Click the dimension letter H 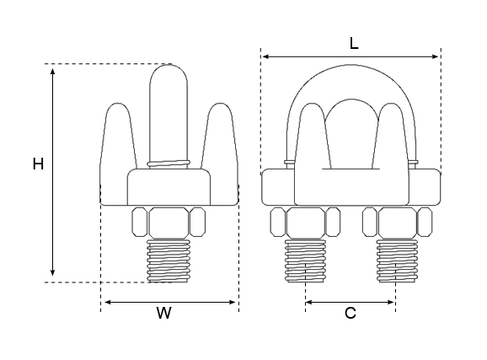tap(38, 164)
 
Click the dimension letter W tap(164, 313)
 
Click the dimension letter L tap(354, 44)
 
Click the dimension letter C tap(351, 313)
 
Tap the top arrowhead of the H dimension tap(53, 71)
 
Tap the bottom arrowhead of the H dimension tap(53, 272)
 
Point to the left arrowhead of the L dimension tap(266, 56)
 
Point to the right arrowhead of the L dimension tap(435, 56)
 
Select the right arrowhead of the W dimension tap(232, 302)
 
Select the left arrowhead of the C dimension tap(309, 302)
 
